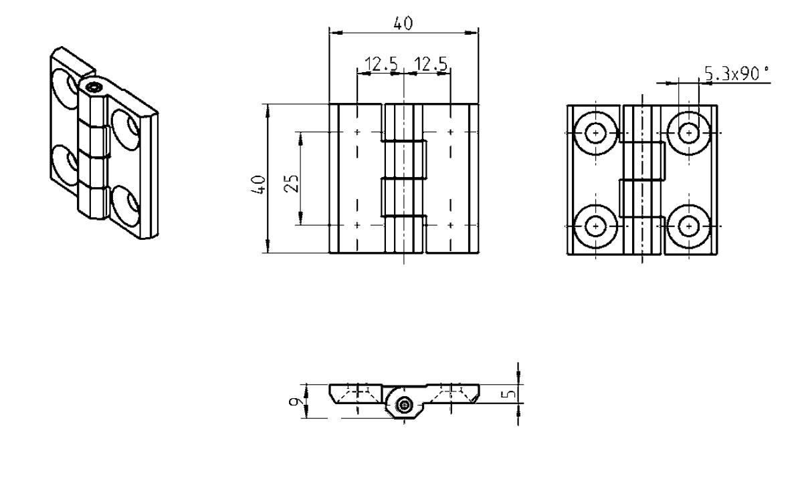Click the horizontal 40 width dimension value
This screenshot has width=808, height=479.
click(x=403, y=23)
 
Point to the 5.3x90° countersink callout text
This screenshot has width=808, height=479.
click(x=732, y=74)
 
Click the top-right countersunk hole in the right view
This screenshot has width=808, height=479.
click(x=688, y=133)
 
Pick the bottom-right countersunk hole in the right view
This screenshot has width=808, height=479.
click(x=688, y=226)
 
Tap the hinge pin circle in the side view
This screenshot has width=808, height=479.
click(x=403, y=404)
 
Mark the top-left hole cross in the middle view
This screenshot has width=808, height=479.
click(x=358, y=132)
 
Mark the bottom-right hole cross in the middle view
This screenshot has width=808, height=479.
click(x=450, y=224)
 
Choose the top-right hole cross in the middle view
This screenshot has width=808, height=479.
click(x=450, y=132)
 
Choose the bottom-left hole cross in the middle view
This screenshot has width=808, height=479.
click(x=358, y=224)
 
